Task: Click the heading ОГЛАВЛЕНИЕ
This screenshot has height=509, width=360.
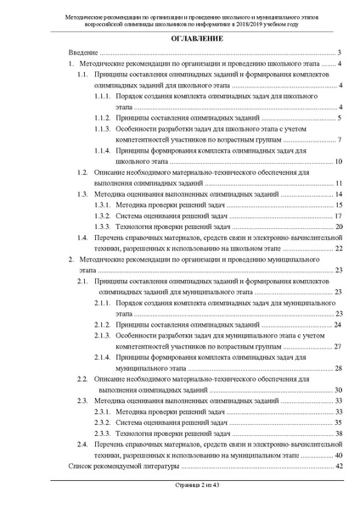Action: tap(180, 40)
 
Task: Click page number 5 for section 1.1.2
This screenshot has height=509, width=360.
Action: tap(338, 117)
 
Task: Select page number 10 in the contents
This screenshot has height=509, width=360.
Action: tap(336, 160)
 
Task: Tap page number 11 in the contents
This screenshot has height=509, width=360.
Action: tap(336, 183)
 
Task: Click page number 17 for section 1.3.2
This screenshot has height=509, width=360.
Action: tap(336, 216)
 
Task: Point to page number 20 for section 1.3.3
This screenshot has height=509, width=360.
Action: tap(336, 227)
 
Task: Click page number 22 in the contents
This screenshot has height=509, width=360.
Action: tap(336, 249)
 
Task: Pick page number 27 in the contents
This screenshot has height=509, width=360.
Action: tap(336, 346)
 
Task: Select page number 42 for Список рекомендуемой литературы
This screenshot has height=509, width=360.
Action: tap(336, 466)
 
